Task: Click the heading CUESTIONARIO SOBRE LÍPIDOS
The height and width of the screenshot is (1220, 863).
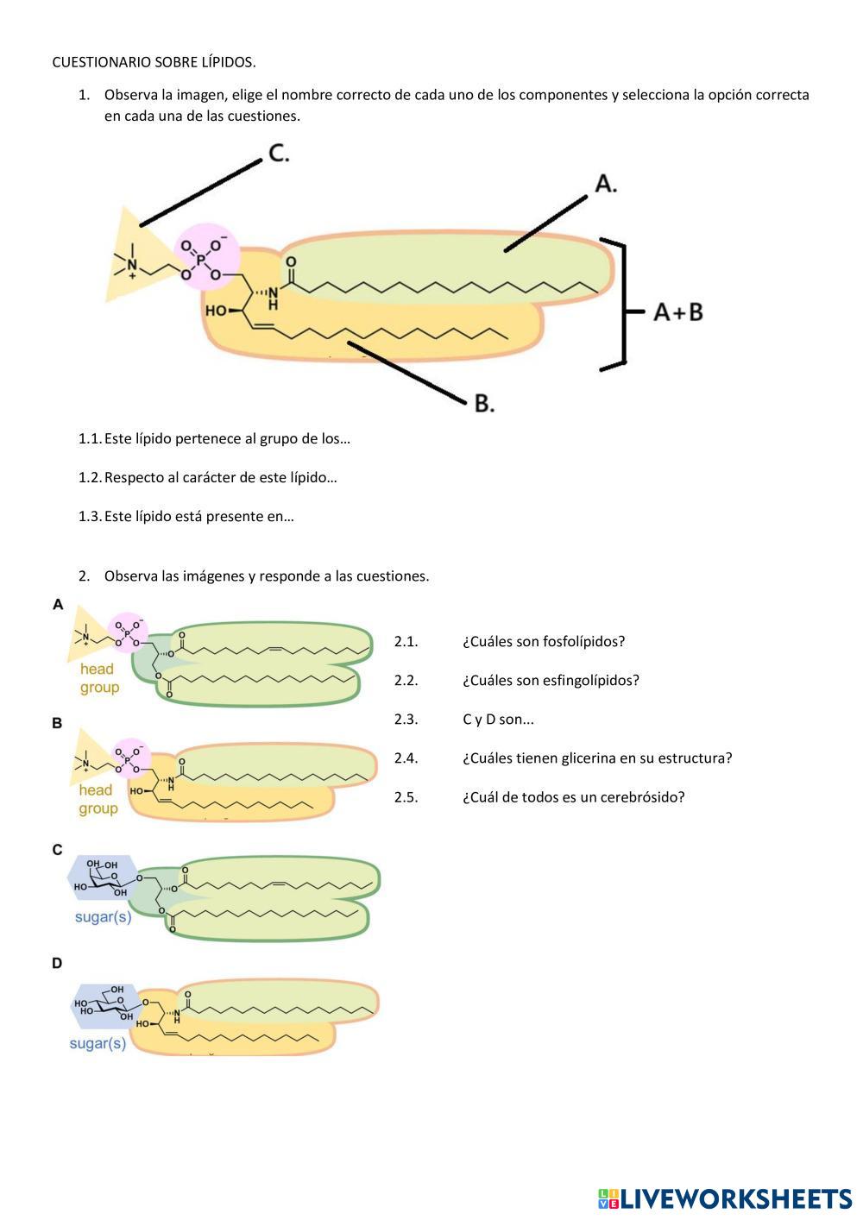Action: (154, 62)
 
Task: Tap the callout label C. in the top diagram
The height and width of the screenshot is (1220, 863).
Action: (278, 154)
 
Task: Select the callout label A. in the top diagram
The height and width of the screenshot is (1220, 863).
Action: (606, 184)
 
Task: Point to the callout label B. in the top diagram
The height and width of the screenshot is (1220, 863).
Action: (484, 403)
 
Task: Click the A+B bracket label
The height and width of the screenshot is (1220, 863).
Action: (677, 311)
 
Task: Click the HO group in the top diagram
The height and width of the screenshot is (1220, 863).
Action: (216, 310)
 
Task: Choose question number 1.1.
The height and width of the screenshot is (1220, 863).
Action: (89, 438)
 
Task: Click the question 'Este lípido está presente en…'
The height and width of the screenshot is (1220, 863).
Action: (199, 517)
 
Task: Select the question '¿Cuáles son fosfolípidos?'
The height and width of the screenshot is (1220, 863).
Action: (543, 641)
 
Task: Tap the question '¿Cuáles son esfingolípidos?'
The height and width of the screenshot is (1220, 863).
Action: (551, 680)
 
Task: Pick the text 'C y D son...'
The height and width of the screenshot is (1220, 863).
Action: (498, 720)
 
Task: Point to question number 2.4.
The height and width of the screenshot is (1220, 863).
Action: (406, 758)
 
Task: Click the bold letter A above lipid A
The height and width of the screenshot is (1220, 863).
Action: (58, 604)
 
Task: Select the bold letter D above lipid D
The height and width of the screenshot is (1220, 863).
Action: (57, 963)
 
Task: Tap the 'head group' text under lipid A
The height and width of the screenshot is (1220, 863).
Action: (99, 678)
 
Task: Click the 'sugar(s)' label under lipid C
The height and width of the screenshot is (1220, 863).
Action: (103, 916)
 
